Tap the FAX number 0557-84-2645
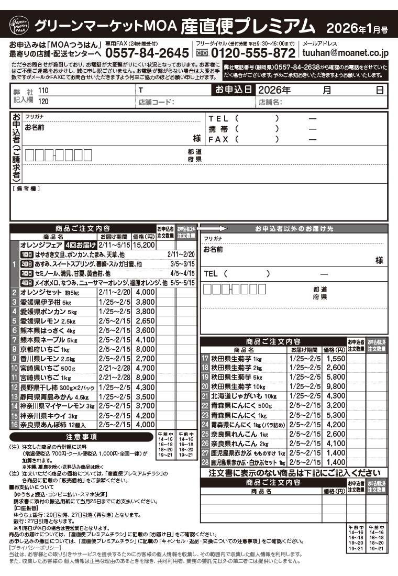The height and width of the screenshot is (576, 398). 147,53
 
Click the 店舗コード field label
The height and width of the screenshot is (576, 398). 156,102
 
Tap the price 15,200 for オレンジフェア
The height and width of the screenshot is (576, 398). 144,245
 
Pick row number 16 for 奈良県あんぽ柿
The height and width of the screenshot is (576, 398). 15,425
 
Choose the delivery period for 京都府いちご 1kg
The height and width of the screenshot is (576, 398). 115,349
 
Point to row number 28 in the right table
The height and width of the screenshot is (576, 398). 205,462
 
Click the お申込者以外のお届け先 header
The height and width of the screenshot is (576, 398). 294,229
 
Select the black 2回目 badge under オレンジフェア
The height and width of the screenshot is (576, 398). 26,264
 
